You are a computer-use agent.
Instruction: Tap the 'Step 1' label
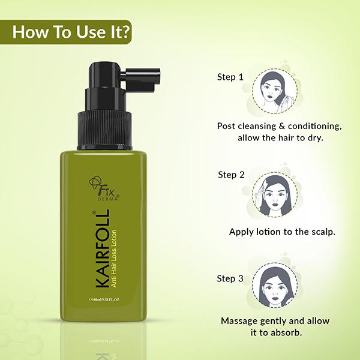[230, 77]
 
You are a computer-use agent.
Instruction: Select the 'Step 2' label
[231, 175]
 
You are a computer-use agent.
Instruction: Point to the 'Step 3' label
[230, 278]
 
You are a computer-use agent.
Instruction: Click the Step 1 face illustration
[275, 91]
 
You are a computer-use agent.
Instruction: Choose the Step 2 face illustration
[275, 194]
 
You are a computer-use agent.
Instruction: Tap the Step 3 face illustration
[275, 285]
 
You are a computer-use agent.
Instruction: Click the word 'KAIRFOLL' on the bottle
[101, 248]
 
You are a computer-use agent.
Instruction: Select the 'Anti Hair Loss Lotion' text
[113, 258]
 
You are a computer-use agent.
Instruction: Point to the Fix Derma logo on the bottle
[104, 188]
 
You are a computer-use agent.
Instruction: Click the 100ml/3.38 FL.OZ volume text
[104, 299]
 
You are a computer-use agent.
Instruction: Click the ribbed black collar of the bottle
[104, 130]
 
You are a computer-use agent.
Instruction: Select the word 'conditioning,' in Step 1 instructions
[315, 127]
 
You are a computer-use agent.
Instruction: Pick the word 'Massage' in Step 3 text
[239, 321]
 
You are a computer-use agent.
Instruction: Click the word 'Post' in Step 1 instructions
[226, 126]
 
